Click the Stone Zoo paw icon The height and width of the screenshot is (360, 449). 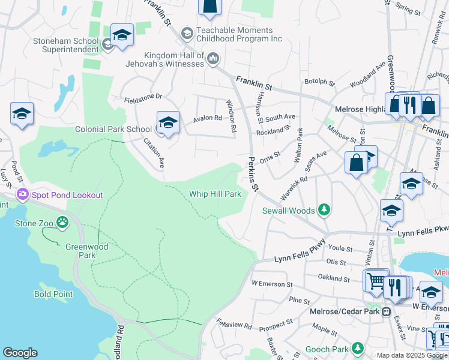point(63,223)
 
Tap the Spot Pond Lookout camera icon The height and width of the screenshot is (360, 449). point(23,194)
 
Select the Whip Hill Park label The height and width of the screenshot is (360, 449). point(215,194)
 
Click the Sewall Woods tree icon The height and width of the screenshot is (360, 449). point(324,209)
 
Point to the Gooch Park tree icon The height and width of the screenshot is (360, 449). point(358,348)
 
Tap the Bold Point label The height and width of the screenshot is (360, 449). point(53,294)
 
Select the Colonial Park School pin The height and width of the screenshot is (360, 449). point(168,123)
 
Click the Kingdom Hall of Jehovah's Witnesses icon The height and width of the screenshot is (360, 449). point(214,58)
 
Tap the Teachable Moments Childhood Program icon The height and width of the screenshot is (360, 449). point(187,32)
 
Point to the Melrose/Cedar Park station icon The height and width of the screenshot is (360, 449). point(387,311)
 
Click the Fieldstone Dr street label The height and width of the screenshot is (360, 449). point(143,96)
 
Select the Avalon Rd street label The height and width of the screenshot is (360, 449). point(207,119)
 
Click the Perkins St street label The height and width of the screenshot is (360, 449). point(252,175)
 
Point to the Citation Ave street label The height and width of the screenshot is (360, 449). point(154,152)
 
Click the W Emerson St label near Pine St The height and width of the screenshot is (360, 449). point(272,283)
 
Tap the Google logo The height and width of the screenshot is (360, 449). point(20,353)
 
